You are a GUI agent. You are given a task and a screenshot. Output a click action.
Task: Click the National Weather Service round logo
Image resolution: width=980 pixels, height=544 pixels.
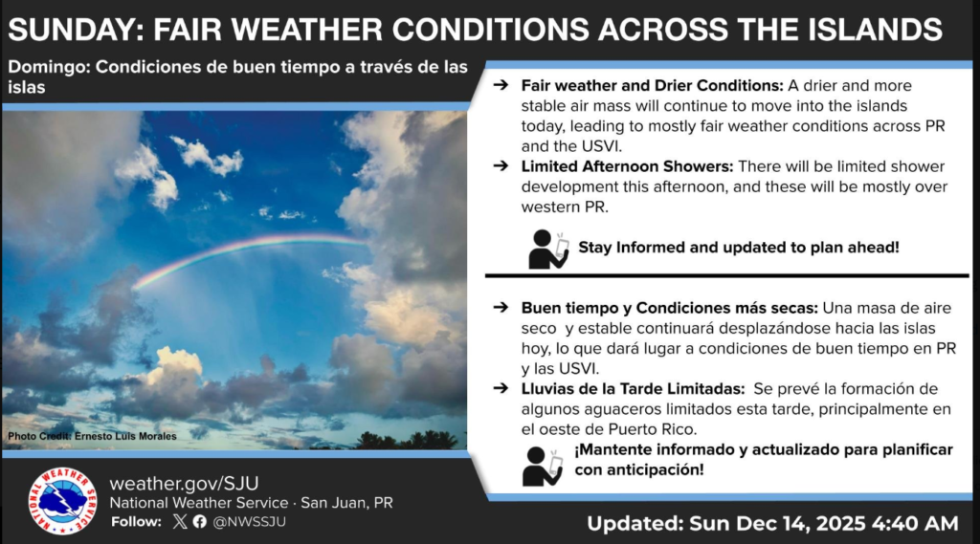63,500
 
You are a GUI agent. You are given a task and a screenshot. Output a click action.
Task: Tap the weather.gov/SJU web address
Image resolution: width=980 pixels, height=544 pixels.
184,483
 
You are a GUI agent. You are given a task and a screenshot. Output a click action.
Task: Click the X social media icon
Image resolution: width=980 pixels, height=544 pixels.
180,522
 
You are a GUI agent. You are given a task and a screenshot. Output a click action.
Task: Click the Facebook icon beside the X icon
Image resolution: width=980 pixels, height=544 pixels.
199,522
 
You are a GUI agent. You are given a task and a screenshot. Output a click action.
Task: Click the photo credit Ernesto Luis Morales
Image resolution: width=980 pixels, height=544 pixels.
92,437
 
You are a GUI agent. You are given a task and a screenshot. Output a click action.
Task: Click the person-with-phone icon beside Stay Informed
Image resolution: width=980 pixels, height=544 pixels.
548,249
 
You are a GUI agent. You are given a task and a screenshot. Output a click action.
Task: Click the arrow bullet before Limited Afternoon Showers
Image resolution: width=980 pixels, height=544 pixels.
500,165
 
